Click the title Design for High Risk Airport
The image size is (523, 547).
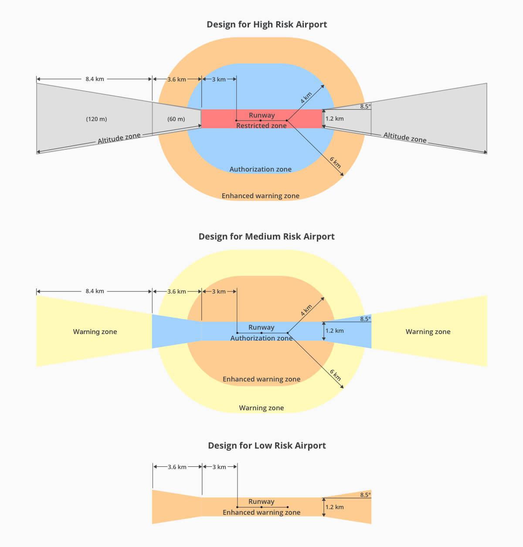[x=267, y=24]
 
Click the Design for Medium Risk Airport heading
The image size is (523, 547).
[x=267, y=236]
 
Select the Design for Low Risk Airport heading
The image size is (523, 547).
[x=267, y=446]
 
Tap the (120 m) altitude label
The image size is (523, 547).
[x=96, y=119]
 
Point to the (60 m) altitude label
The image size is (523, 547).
[x=176, y=119]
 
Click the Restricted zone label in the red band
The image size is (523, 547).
[x=261, y=126]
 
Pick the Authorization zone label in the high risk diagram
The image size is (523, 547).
[x=261, y=169]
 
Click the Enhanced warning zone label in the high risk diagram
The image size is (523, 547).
[x=261, y=196]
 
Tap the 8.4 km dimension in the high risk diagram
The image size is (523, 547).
[x=95, y=79]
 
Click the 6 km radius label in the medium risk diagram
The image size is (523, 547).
[x=335, y=375]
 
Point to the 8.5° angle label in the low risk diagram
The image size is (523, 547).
[x=365, y=495]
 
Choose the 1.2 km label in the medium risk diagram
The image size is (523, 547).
[x=334, y=331]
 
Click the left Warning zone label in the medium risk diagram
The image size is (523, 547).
[x=95, y=332]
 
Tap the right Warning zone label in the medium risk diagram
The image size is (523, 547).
[x=428, y=332]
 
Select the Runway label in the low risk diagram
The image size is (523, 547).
[x=261, y=502]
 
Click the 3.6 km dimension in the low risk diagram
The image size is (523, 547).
[x=177, y=467]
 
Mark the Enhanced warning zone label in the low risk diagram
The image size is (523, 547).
[x=261, y=513]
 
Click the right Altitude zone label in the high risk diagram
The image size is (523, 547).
[x=405, y=138]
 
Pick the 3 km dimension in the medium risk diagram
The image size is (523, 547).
[x=219, y=291]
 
